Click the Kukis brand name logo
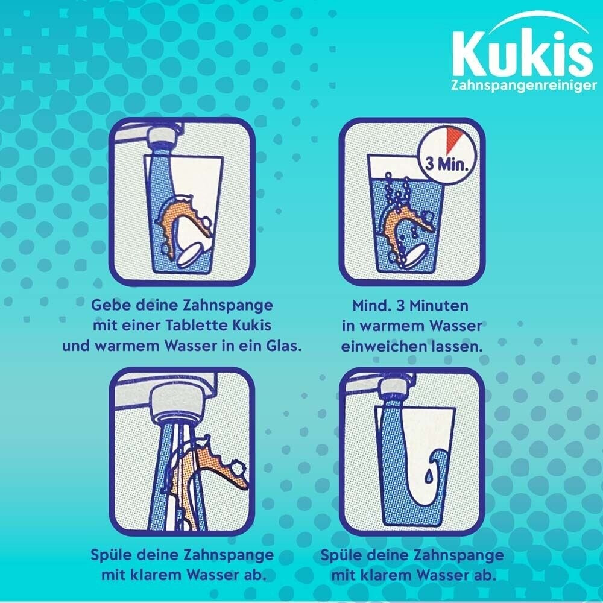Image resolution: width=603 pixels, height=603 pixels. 522,53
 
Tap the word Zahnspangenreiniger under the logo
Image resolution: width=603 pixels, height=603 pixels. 524,86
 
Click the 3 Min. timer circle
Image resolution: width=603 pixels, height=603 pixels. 447,156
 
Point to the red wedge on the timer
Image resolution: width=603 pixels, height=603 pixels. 454,137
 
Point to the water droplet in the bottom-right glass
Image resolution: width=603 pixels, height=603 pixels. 428,477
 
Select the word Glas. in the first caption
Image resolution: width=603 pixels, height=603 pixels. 284,346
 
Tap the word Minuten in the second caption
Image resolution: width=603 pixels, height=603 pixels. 438,306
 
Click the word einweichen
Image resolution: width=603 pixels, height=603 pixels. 384,347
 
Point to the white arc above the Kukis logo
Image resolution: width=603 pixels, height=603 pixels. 538,20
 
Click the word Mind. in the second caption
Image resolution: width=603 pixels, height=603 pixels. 372,306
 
